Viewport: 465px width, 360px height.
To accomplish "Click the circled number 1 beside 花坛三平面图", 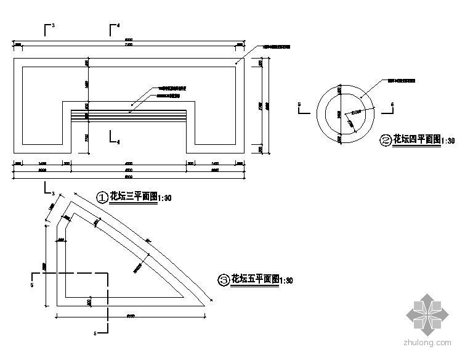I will click(x=102, y=197).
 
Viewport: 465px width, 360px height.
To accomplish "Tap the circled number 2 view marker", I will click(x=386, y=140).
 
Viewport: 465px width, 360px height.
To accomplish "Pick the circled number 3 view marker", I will click(x=224, y=279).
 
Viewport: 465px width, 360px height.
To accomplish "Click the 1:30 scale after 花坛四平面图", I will click(x=448, y=141).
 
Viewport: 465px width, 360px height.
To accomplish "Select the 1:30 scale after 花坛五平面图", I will click(x=286, y=280).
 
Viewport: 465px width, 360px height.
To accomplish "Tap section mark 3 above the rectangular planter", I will click(x=48, y=28).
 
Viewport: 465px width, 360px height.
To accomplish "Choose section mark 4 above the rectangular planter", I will click(x=113, y=28).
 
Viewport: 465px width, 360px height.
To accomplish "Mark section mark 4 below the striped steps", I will click(x=113, y=138).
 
